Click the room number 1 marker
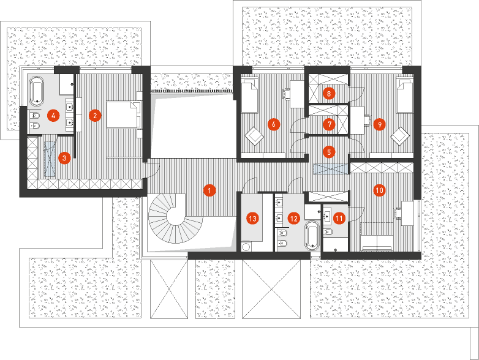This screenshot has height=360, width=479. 209,190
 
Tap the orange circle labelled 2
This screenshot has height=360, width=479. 94,114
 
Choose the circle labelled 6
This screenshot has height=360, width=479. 274,124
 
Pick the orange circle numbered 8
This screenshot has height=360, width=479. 329,94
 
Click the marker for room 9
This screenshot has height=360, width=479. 379,124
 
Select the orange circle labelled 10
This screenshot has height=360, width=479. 379,190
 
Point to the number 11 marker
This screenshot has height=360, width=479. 339,216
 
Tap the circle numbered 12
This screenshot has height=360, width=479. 294,217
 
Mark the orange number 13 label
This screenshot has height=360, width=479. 252,217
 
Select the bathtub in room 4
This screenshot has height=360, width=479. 38,91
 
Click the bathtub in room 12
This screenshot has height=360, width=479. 312,235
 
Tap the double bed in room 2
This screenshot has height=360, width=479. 124,114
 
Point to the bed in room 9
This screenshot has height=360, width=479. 404,97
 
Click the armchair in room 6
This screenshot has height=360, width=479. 254,134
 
